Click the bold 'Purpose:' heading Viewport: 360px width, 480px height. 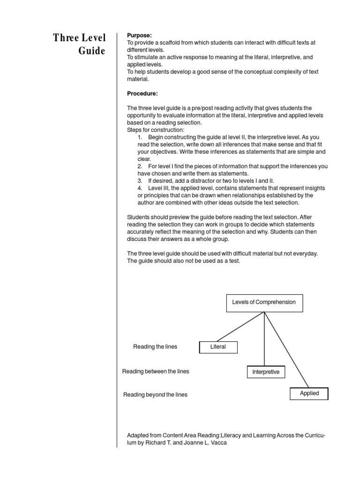point(139,35)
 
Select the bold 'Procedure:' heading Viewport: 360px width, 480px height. point(142,93)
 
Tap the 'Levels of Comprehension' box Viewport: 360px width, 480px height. point(264,302)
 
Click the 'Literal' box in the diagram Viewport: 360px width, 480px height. point(218,347)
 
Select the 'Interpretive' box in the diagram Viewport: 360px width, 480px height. point(265,372)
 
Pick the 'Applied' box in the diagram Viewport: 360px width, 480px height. point(309,394)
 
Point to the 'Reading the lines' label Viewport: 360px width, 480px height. point(155,347)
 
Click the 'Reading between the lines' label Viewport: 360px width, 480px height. point(156,371)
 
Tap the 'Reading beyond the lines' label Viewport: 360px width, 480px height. point(155,395)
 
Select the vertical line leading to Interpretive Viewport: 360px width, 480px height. point(265,340)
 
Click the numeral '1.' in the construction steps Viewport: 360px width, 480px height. point(140,137)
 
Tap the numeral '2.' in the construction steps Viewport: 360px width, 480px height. point(140,166)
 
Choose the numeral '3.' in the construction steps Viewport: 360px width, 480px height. point(140,180)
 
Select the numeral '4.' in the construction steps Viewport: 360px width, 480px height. point(140,188)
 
